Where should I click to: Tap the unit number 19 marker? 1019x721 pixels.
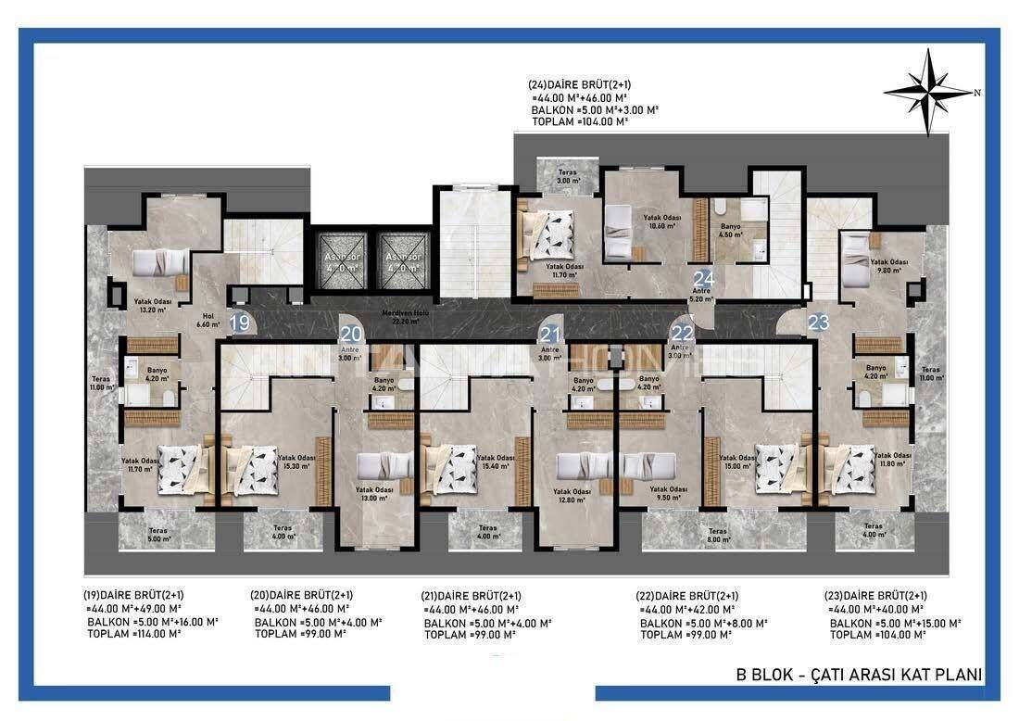click(x=240, y=323)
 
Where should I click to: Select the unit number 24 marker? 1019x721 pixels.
click(x=704, y=278)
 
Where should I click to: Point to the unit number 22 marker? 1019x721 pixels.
click(x=683, y=334)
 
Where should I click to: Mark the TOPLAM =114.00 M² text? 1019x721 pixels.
click(x=133, y=635)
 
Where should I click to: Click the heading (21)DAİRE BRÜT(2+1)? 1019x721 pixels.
click(x=472, y=596)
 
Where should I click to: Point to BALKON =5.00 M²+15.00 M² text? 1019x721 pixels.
click(x=895, y=623)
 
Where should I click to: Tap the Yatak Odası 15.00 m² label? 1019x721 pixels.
click(x=737, y=462)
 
